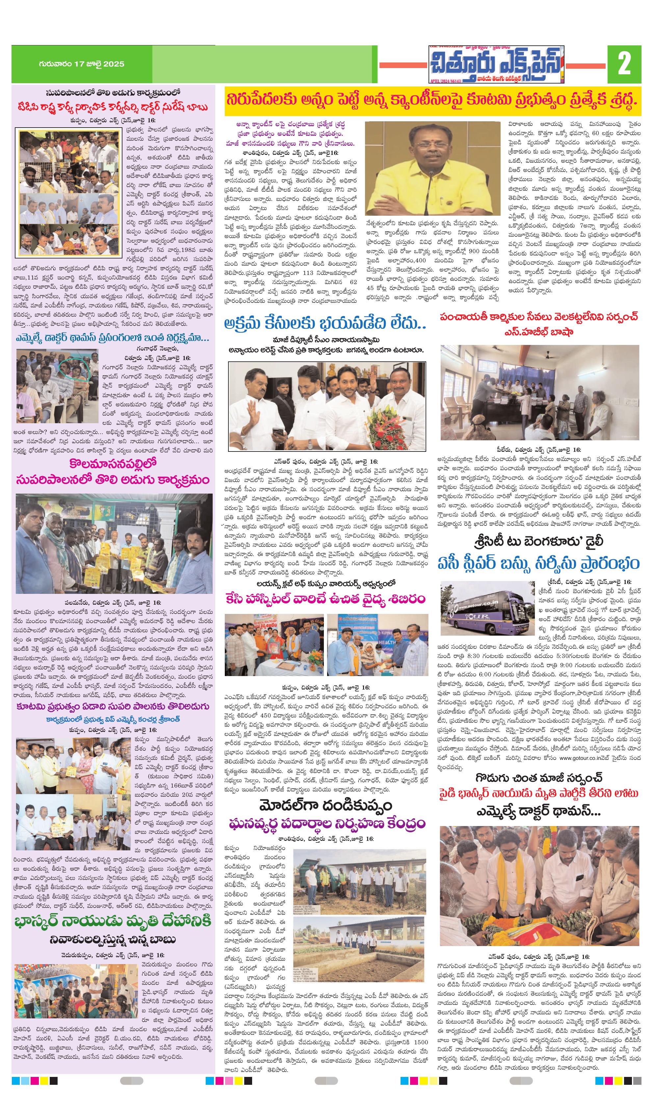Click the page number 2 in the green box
(x=624, y=63)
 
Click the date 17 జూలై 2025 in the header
(x=81, y=64)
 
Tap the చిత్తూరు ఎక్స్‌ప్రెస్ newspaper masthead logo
(x=496, y=65)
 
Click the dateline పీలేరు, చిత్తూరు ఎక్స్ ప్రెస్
(x=539, y=450)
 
